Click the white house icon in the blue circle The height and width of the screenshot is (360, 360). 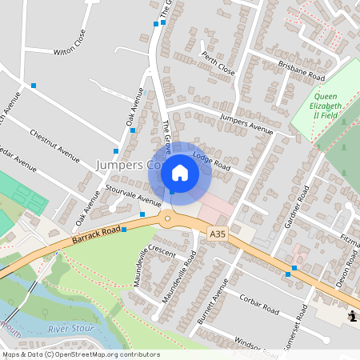[180, 173]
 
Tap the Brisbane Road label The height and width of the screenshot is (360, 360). [301, 70]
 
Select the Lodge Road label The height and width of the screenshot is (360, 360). [211, 162]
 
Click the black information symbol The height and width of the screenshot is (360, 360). [353, 318]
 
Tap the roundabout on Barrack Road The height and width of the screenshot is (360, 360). [167, 218]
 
